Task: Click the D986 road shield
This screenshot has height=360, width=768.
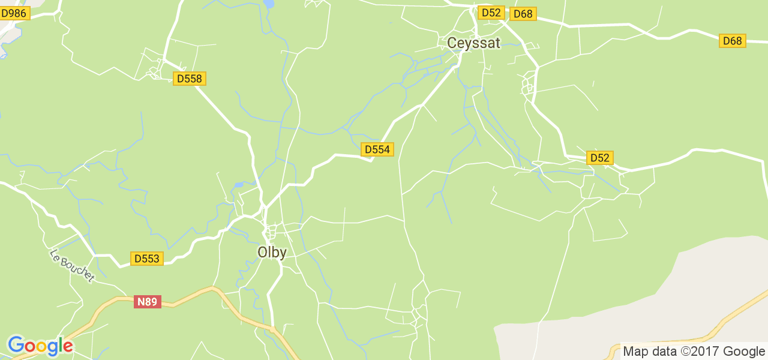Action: click(x=14, y=13)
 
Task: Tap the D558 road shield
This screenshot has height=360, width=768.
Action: click(x=190, y=79)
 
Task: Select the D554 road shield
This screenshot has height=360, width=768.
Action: click(x=377, y=149)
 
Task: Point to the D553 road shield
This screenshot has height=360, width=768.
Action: click(x=147, y=259)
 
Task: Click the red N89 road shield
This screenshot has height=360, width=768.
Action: click(x=147, y=302)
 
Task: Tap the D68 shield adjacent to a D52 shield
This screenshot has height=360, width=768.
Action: click(x=523, y=14)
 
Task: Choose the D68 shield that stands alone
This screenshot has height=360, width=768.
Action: click(x=732, y=41)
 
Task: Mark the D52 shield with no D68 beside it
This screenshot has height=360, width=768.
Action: click(x=599, y=158)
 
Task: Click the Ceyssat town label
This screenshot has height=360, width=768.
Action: click(x=473, y=43)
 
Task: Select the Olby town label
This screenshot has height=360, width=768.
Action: click(x=272, y=253)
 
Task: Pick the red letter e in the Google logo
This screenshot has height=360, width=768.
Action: click(x=68, y=347)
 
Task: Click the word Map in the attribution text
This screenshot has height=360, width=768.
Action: click(x=636, y=352)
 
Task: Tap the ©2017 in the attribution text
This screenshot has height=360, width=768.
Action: click(x=700, y=352)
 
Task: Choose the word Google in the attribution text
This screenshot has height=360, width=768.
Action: click(x=744, y=352)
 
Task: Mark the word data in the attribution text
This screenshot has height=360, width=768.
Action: click(x=664, y=352)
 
